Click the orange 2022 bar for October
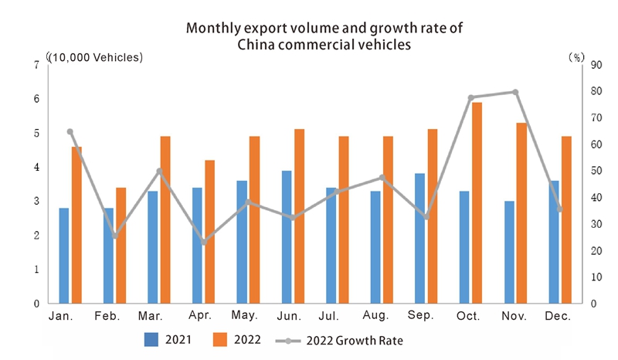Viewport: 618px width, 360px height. click(477, 202)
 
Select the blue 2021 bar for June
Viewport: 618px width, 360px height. click(287, 236)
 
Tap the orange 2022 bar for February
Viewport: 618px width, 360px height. click(121, 245)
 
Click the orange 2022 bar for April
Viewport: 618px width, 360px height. click(209, 231)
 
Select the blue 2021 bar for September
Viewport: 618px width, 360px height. click(419, 238)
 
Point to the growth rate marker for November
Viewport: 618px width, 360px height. click(515, 92)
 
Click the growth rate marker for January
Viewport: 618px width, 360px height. click(70, 131)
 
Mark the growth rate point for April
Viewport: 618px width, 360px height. click(203, 243)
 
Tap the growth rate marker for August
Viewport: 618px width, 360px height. click(382, 178)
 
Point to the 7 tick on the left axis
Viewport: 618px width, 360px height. click(36, 65)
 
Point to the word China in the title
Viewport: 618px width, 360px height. click(258, 45)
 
